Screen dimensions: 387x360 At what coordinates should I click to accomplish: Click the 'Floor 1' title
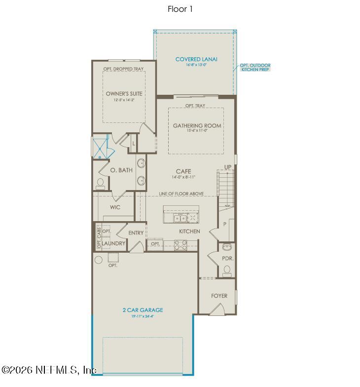click(180, 9)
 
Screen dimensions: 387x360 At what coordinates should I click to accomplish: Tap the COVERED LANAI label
click(196, 60)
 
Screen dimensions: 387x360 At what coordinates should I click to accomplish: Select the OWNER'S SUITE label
click(124, 93)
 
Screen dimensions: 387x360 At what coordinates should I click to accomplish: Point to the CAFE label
click(183, 171)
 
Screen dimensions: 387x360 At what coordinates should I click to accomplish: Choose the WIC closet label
click(115, 207)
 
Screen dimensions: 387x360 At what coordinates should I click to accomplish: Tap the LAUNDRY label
click(114, 244)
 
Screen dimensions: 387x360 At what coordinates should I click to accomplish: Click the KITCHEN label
click(189, 231)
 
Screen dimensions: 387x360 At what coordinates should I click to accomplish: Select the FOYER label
click(219, 296)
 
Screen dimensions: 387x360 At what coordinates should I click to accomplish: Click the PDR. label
click(228, 258)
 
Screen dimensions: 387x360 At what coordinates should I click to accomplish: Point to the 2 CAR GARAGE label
click(143, 310)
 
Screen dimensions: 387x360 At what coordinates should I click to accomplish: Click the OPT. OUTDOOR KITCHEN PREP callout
click(255, 68)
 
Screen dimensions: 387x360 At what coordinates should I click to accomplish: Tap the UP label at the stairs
click(228, 167)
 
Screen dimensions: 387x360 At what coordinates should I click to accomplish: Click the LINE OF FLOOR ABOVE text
click(181, 194)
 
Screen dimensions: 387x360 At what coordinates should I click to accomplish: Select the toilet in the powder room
click(227, 270)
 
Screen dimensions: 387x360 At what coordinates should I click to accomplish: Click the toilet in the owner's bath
click(101, 183)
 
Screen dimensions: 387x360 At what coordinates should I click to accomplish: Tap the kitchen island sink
click(179, 218)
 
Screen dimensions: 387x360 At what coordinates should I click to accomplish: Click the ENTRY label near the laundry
click(136, 233)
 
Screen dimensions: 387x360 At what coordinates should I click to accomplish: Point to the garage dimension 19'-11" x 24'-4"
click(143, 317)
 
